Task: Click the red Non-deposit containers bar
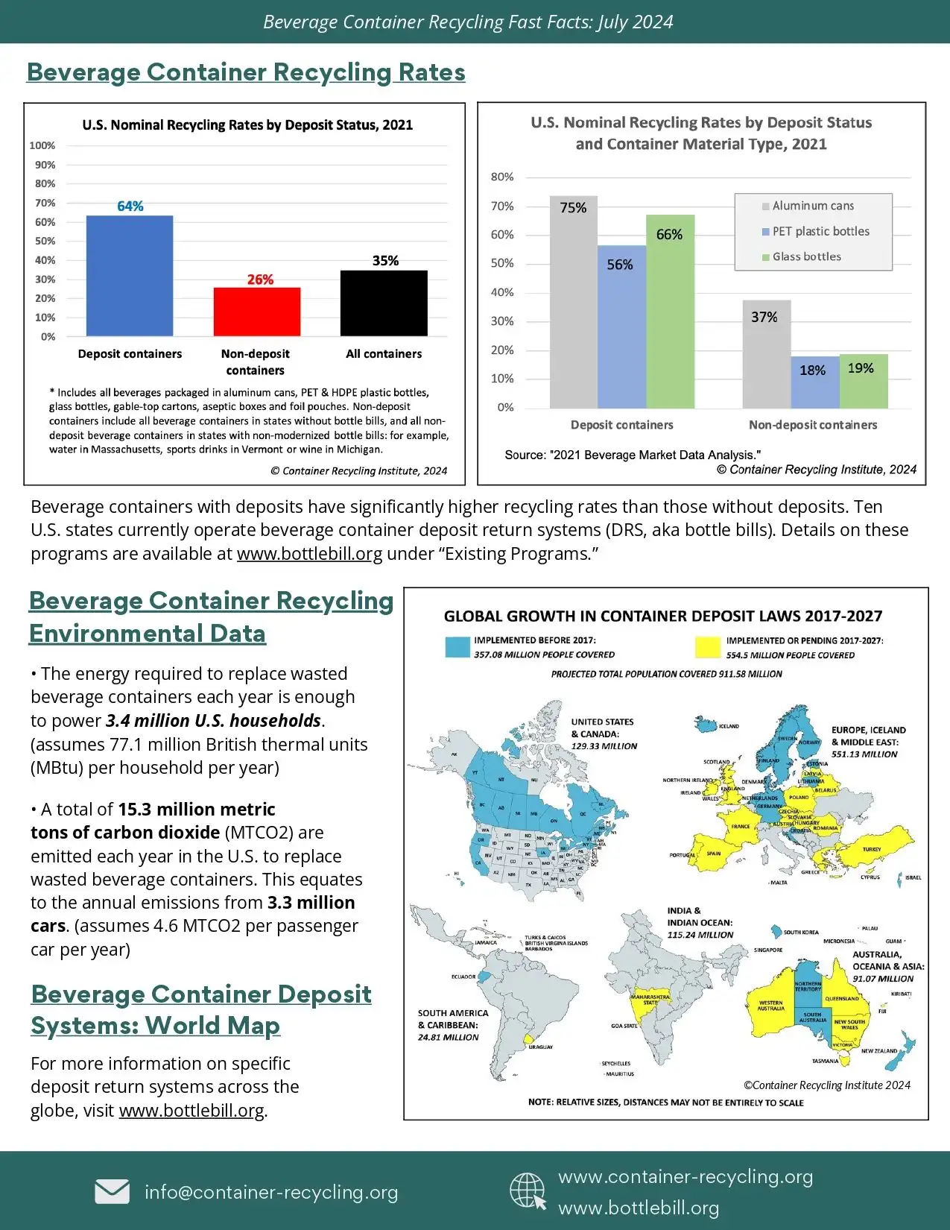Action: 257,312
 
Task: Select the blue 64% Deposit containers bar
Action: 130,276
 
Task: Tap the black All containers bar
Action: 384,303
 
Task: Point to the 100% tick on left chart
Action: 42,145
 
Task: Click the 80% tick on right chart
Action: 502,177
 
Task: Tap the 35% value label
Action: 385,261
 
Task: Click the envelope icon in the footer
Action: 112,1191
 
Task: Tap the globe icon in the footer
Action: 528,1190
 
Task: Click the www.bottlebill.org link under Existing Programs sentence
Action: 309,554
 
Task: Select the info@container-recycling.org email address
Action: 271,1192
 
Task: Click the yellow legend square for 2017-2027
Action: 707,647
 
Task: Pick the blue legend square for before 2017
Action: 457,647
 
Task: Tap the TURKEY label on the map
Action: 871,849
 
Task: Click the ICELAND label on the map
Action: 729,725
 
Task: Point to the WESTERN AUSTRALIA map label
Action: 771,1006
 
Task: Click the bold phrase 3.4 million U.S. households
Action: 214,721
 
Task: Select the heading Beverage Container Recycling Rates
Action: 246,72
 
